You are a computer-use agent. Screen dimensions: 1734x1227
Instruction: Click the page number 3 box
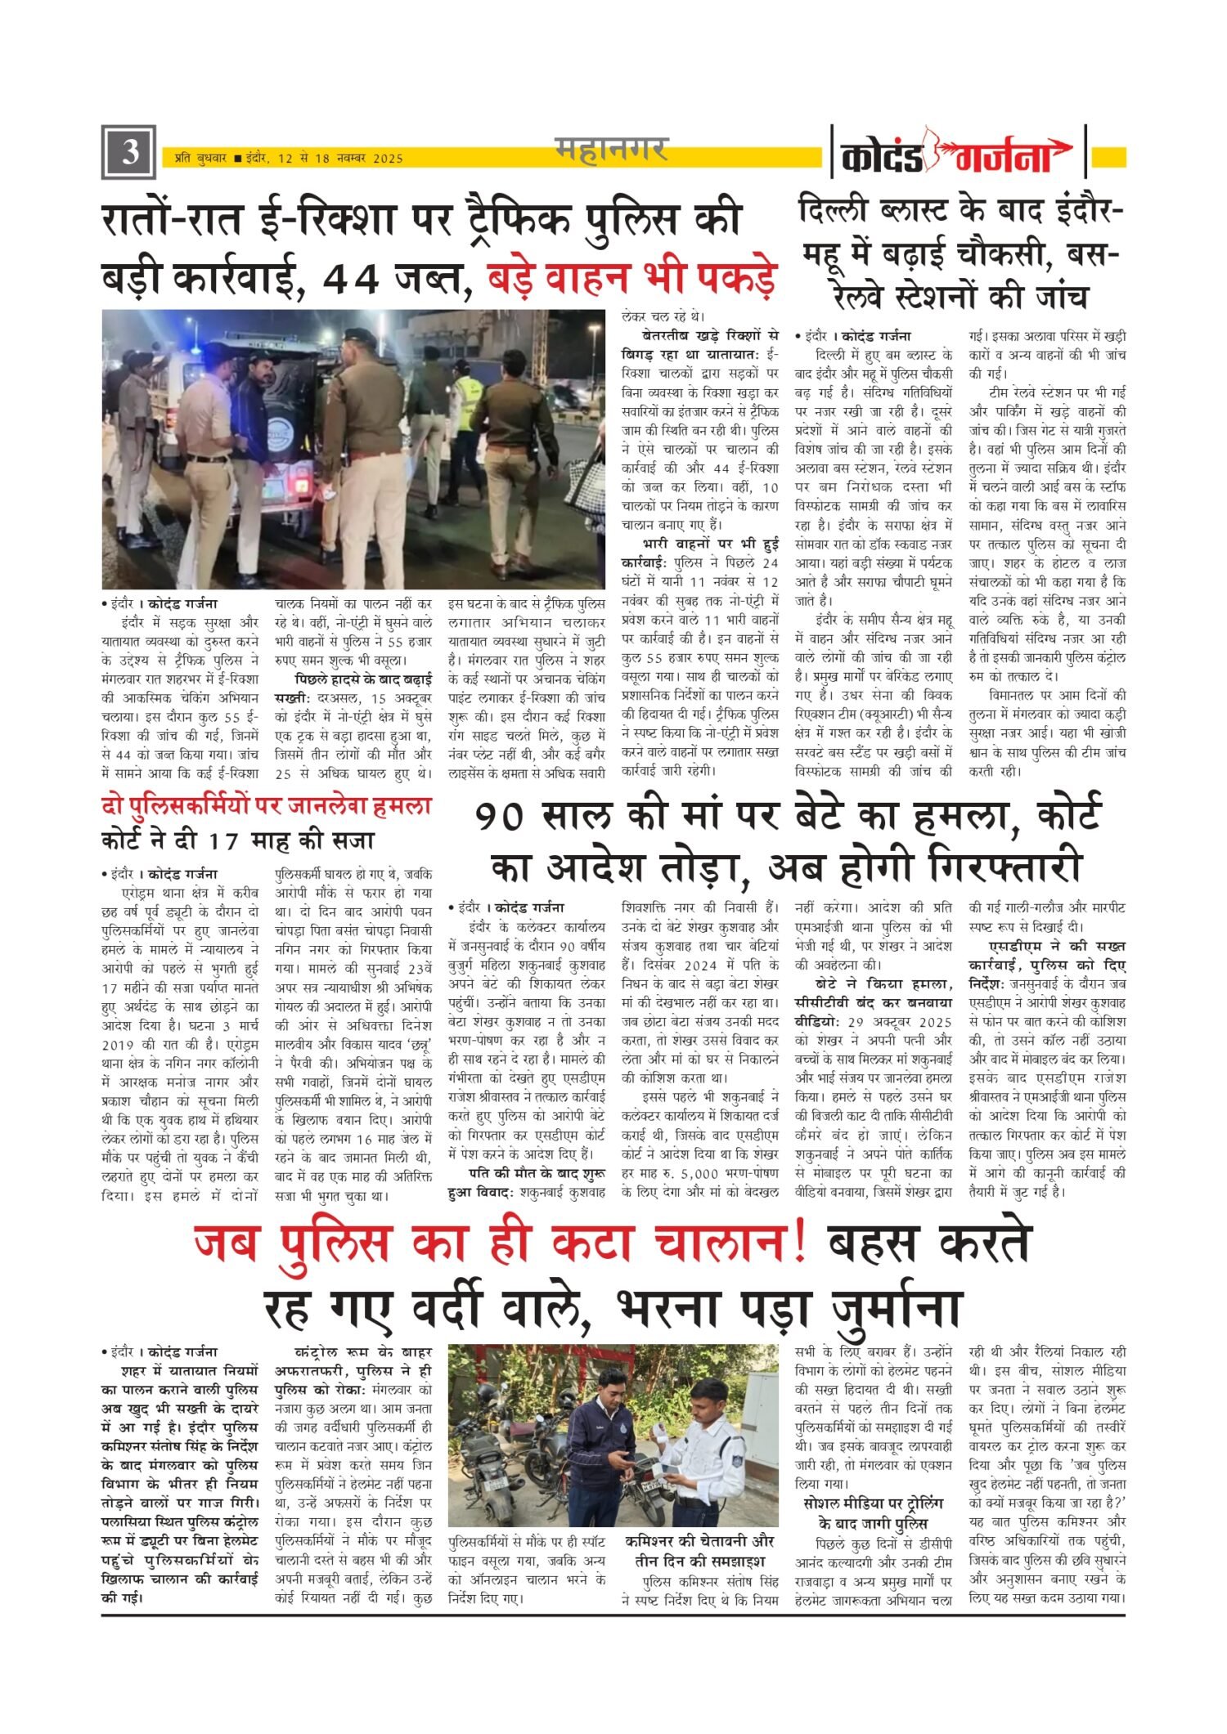click(128, 153)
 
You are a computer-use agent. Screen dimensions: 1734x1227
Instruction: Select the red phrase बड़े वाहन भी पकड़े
click(631, 278)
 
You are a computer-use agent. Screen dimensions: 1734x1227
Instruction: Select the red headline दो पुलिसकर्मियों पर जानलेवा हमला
click(266, 806)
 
